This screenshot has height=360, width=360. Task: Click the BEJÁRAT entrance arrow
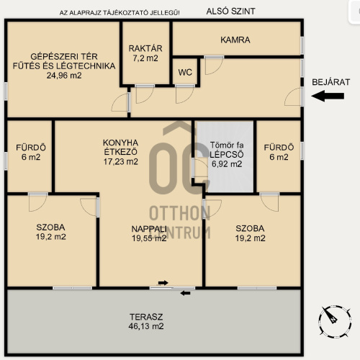[328, 96]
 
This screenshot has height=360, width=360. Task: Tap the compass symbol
[335, 322]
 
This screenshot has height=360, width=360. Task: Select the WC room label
[185, 72]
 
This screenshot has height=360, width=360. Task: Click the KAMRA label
[235, 40]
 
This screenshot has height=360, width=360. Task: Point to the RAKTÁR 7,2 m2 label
[145, 53]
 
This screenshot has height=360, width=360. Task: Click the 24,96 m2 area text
[64, 76]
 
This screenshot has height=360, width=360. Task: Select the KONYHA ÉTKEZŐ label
[120, 147]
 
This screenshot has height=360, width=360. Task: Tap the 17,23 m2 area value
[121, 161]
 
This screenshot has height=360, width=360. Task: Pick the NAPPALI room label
[149, 229]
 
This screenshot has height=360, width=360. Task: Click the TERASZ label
[146, 317]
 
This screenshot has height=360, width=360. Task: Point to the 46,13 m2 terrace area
[146, 326]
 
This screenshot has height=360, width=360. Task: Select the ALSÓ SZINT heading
[230, 12]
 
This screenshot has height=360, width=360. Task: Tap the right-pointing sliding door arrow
[163, 283]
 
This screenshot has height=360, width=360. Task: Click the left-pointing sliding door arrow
[186, 293]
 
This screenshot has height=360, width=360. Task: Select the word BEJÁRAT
[330, 82]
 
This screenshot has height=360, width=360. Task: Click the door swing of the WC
[184, 94]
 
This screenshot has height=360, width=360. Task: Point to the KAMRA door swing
[214, 66]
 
